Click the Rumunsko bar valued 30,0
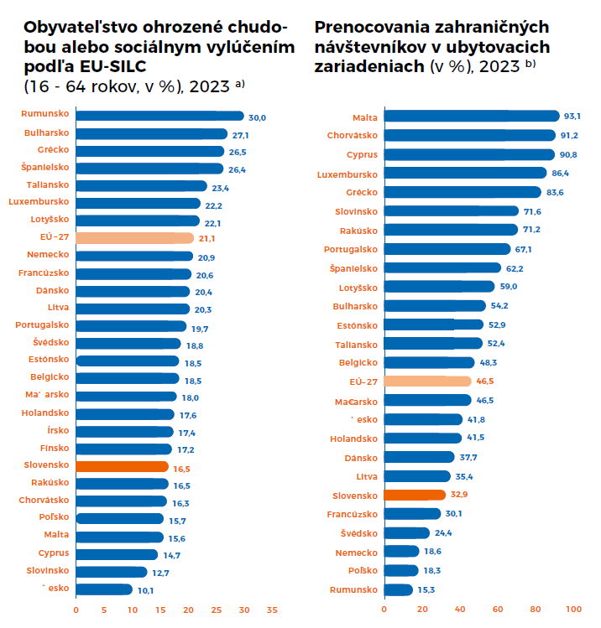159,116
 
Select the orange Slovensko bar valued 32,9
415,495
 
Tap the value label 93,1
573,117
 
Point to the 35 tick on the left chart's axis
272,610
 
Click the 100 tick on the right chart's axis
573,610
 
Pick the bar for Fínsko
127,449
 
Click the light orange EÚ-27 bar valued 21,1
134,238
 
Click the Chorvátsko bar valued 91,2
469,136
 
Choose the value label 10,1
146,589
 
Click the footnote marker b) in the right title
531,65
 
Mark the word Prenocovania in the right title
367,27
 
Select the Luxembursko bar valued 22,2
138,203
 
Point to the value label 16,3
180,501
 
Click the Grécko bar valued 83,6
463,192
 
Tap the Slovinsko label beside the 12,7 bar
48,570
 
